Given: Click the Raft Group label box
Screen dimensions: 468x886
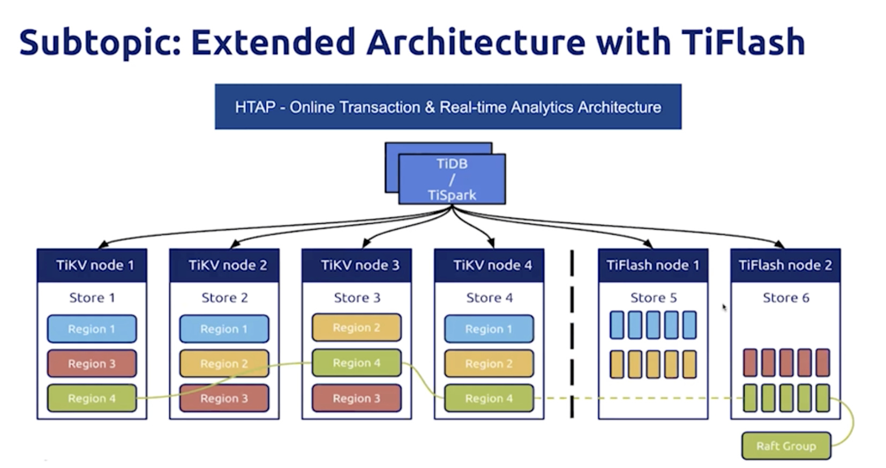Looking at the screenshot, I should click(786, 446).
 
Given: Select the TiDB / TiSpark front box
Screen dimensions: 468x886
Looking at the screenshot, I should click(452, 179).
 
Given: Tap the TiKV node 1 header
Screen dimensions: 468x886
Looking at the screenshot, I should click(92, 266).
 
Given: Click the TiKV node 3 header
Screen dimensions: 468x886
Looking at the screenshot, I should click(357, 266).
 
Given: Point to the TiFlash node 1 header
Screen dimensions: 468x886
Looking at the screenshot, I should click(652, 266).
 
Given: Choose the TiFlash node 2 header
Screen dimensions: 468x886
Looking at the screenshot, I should click(785, 266).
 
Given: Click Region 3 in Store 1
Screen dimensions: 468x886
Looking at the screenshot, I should click(92, 364).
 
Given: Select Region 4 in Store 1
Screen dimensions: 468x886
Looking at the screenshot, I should click(92, 398).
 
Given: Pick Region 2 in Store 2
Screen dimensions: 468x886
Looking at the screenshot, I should click(224, 364).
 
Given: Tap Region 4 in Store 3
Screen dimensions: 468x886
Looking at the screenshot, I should click(356, 363).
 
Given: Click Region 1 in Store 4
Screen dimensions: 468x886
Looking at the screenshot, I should click(489, 329).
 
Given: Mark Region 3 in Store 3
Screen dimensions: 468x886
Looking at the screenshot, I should click(356, 398).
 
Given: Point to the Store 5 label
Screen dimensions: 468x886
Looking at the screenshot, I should click(653, 298).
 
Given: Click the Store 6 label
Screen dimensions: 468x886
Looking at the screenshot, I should click(785, 298).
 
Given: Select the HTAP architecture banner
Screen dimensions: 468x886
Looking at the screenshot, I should click(448, 107).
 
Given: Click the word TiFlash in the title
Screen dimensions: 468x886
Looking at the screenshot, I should click(743, 42).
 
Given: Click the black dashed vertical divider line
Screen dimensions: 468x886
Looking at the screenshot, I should click(572, 332).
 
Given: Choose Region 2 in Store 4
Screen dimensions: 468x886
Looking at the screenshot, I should click(489, 364).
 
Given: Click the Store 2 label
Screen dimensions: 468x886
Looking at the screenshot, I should click(224, 298).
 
